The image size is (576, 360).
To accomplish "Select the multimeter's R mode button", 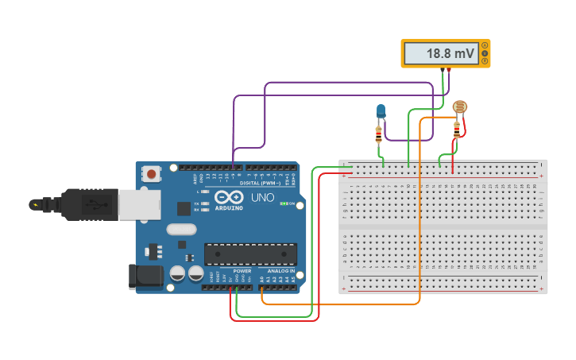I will (x=485, y=60).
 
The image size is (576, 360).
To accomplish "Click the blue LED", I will (x=381, y=110).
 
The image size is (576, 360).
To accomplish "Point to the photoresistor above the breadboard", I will (x=459, y=107).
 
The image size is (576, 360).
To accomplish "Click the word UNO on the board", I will (x=262, y=197).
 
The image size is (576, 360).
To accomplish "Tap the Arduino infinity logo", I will (x=230, y=198).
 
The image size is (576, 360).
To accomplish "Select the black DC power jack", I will (x=145, y=277).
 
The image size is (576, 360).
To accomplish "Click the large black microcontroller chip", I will (x=250, y=254).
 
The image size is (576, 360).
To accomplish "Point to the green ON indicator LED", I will (x=282, y=203).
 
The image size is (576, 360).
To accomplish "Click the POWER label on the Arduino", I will (x=242, y=270).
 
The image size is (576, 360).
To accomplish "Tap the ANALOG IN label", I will (x=280, y=270).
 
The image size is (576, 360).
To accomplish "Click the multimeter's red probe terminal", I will (x=449, y=72).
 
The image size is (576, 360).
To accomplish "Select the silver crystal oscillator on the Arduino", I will (x=181, y=230).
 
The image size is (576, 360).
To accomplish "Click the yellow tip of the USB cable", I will (x=34, y=204).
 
